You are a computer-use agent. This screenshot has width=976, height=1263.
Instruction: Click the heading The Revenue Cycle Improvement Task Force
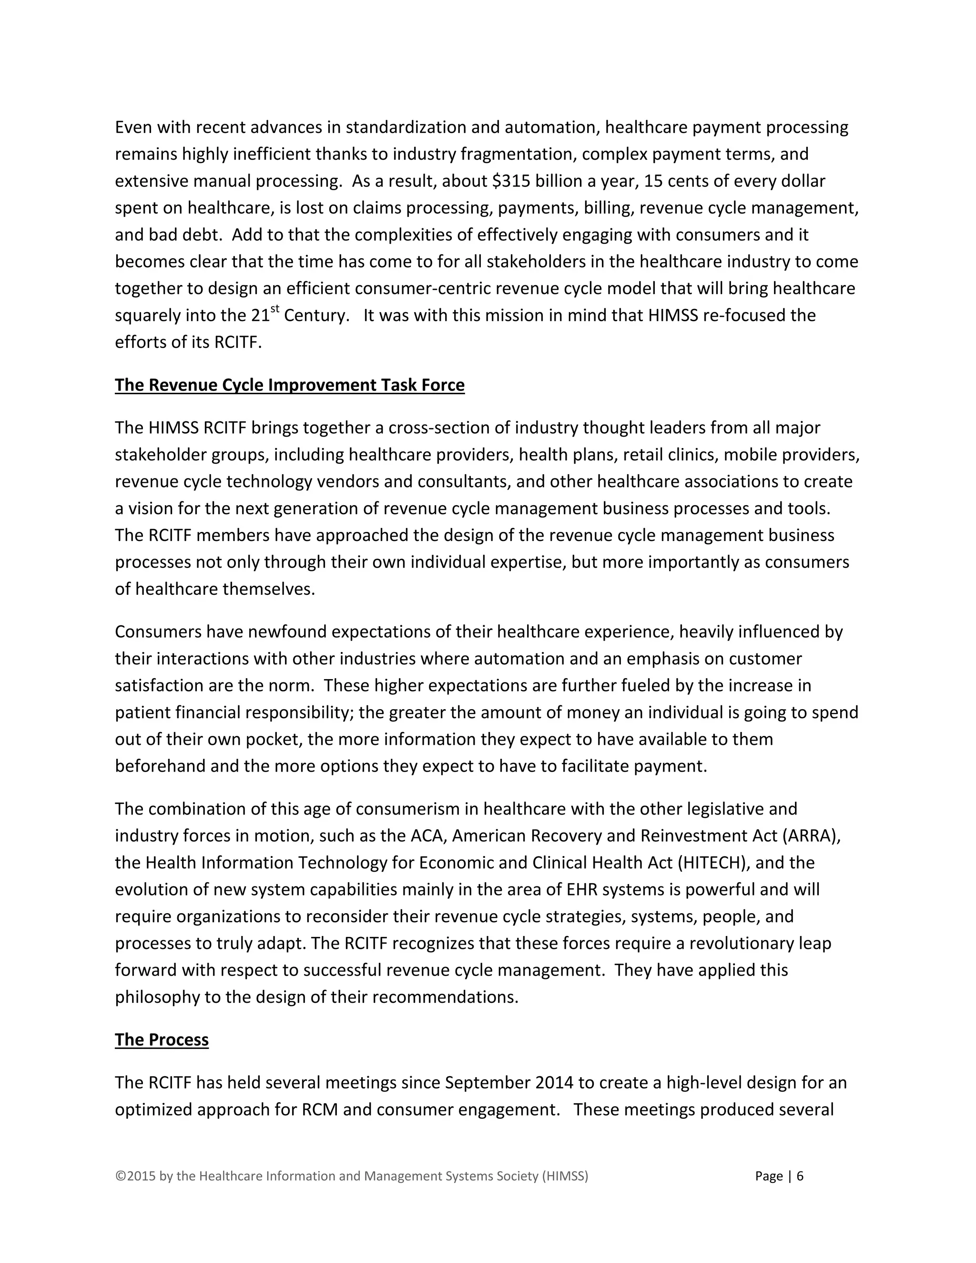pyautogui.click(x=289, y=385)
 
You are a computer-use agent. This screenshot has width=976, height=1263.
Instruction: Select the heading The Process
pyautogui.click(x=162, y=1040)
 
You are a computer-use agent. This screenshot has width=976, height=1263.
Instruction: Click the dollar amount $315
pyautogui.click(x=510, y=181)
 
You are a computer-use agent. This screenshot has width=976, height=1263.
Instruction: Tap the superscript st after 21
pyautogui.click(x=275, y=309)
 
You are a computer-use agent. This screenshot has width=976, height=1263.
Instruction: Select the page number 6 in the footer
pyautogui.click(x=800, y=1176)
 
